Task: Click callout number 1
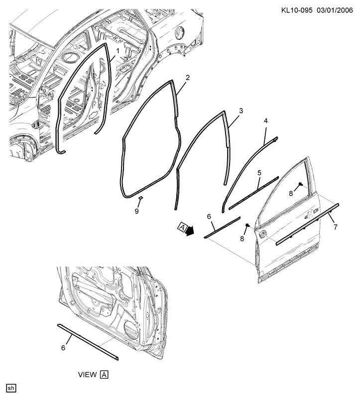click(118, 51)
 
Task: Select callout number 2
click(188, 78)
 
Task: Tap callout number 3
click(241, 110)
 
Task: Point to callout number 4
click(266, 121)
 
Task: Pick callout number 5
click(259, 173)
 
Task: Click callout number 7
click(336, 227)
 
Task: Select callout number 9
click(137, 211)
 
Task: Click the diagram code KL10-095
click(297, 10)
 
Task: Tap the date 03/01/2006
click(335, 10)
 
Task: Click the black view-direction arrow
click(190, 230)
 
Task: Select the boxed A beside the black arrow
click(182, 227)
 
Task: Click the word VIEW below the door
click(88, 375)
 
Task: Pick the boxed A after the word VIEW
click(104, 375)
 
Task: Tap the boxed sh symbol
click(11, 388)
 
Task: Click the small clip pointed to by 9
click(140, 197)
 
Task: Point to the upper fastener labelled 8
click(300, 184)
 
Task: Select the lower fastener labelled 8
click(247, 225)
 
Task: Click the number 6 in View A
click(63, 347)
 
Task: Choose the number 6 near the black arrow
click(209, 216)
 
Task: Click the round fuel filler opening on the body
click(180, 32)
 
